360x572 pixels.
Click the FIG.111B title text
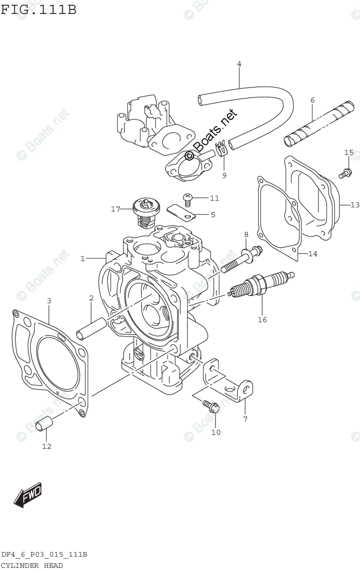click(38, 9)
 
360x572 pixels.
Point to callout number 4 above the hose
click(239, 64)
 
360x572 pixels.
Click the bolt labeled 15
click(346, 173)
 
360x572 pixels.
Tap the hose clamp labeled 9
click(221, 151)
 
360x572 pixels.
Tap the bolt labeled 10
click(210, 406)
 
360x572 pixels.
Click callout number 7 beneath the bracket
click(245, 419)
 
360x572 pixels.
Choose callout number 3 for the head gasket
click(49, 301)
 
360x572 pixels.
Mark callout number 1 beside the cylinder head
click(82, 258)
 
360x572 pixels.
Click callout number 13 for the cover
click(354, 205)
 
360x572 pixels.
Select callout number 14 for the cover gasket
click(312, 254)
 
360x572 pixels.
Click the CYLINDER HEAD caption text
click(31, 565)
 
